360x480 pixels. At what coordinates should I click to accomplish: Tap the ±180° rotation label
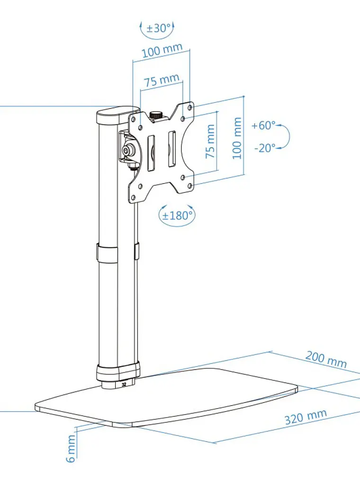click(x=177, y=216)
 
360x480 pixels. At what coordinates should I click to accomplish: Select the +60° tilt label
click(x=263, y=125)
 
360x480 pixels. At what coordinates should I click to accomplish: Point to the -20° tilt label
click(x=265, y=148)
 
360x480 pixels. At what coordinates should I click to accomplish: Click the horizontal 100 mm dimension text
click(x=162, y=50)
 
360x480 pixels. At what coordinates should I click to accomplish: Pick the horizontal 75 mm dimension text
click(x=162, y=80)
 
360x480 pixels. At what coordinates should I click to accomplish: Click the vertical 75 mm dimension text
click(x=210, y=141)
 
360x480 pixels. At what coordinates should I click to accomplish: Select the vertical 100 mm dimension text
click(x=237, y=138)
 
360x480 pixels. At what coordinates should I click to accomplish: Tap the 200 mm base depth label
click(x=326, y=359)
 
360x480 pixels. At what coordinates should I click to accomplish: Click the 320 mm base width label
click(x=306, y=417)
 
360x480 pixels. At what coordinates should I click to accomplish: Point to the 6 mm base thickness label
click(x=71, y=449)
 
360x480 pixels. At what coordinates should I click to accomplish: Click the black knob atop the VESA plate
click(x=156, y=116)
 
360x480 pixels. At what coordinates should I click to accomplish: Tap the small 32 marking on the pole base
click(x=124, y=384)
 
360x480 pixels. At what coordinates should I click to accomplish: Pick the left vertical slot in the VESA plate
click(x=151, y=153)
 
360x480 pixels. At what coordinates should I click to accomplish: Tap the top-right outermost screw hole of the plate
click(x=190, y=108)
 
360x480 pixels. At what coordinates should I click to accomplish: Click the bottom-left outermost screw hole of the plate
click(x=133, y=198)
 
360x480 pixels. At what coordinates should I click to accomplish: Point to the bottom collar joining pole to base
click(x=118, y=371)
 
